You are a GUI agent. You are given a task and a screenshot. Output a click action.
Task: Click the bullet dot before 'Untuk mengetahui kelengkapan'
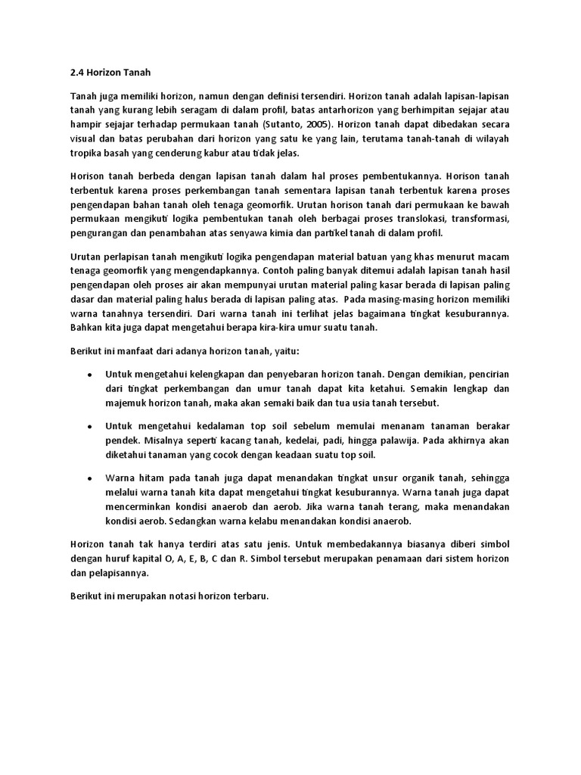(x=90, y=375)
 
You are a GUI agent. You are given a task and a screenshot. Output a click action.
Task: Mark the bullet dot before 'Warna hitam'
(x=90, y=479)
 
